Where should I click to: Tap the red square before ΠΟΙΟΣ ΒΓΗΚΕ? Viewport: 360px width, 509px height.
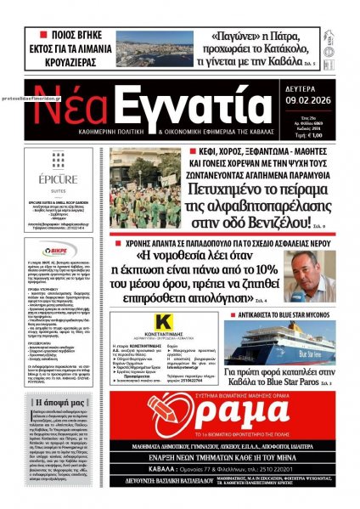point(41,35)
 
